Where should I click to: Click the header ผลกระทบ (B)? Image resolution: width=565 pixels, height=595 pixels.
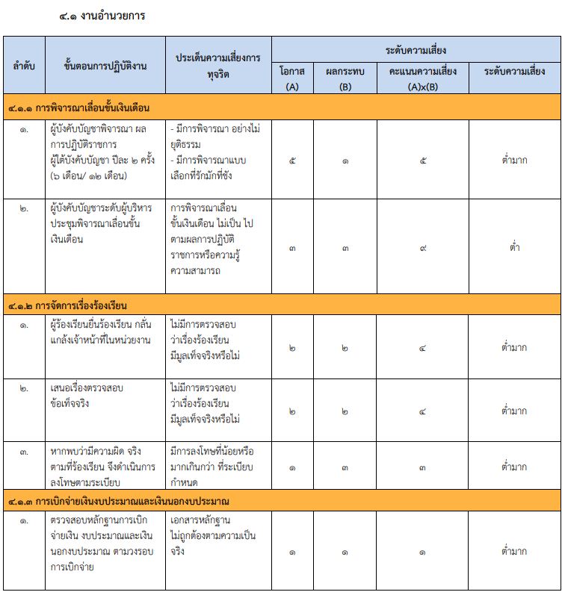pyautogui.click(x=345, y=78)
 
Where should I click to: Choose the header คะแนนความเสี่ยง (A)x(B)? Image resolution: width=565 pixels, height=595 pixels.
pyautogui.click(x=423, y=78)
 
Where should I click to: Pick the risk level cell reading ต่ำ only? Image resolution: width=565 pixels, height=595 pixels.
pyautogui.click(x=515, y=247)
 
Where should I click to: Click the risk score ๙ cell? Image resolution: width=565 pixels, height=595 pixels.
pyautogui.click(x=423, y=247)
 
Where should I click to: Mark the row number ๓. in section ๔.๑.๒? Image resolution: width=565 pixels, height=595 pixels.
pyautogui.click(x=24, y=452)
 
